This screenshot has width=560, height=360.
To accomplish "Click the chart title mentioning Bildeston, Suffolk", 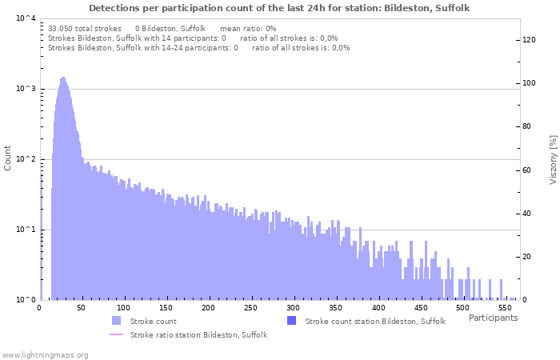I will (x=279, y=8).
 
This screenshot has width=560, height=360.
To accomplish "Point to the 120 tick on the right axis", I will (x=529, y=40).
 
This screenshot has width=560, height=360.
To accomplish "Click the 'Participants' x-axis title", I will (x=493, y=318).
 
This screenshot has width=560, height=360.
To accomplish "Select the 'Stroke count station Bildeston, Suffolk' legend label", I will (x=375, y=321).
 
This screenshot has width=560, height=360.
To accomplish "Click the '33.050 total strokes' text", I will (x=84, y=28).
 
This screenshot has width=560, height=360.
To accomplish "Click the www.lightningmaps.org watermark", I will (x=45, y=354).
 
